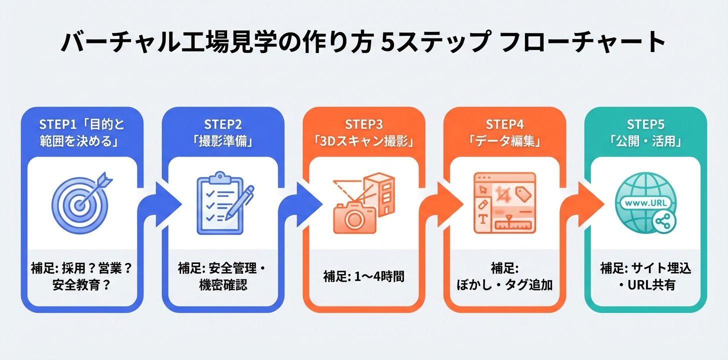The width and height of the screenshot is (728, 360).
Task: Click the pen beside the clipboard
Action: (239, 202)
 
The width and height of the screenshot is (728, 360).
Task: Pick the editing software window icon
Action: (504, 202)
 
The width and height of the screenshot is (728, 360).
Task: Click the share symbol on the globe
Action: (665, 222)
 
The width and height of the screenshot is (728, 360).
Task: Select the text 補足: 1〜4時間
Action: (363, 276)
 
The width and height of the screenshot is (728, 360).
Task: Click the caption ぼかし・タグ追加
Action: (504, 285)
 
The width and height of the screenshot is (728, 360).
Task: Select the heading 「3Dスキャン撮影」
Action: (363, 141)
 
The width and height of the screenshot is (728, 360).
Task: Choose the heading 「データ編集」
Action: (504, 141)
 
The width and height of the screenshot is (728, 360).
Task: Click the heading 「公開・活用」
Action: (645, 141)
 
